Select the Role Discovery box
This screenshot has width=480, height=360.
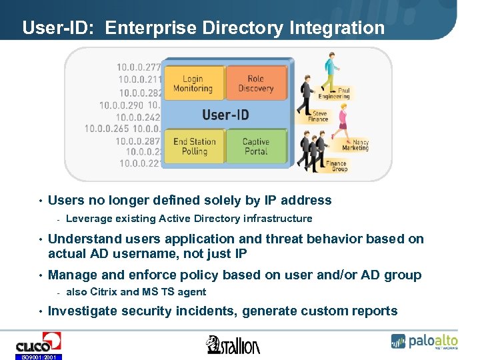pyautogui.click(x=255, y=83)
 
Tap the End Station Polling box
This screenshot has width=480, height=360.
pyautogui.click(x=194, y=147)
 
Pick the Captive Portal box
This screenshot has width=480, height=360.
pyautogui.click(x=255, y=147)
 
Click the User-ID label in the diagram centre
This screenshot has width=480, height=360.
pyautogui.click(x=225, y=115)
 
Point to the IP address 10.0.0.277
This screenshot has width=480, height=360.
pyautogui.click(x=139, y=67)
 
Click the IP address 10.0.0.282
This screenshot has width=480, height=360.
pyautogui.click(x=140, y=93)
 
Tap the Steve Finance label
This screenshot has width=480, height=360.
pyautogui.click(x=320, y=116)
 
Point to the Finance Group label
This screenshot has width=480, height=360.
pyautogui.click(x=336, y=166)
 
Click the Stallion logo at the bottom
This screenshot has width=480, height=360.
pyautogui.click(x=233, y=344)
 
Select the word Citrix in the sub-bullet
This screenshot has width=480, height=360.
pyautogui.click(x=103, y=292)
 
